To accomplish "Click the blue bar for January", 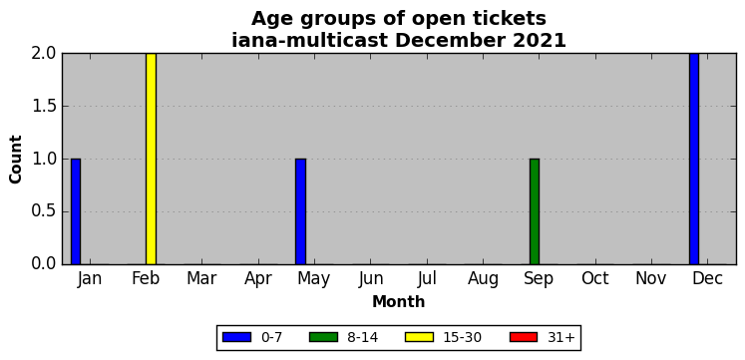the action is (76, 211).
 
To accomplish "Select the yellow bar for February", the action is (151, 159).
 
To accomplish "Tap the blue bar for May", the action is (300, 211).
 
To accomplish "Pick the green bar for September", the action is (535, 211).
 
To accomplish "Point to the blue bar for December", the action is (694, 159).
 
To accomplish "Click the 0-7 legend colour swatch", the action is (236, 337).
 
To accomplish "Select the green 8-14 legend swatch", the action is (323, 337).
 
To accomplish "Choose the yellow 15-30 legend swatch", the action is (419, 337).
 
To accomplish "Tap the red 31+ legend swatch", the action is (524, 337).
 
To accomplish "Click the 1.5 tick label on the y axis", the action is (44, 106).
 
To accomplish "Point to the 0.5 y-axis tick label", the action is (44, 211).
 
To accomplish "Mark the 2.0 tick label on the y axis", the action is (44, 53).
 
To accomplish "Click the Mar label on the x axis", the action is (201, 279).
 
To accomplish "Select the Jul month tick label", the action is (427, 279).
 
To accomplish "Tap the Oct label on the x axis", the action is (594, 279).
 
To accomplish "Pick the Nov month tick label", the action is (651, 279).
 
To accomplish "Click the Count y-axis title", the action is (16, 160).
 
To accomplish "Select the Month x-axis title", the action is (398, 301).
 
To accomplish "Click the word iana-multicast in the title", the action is (310, 40).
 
